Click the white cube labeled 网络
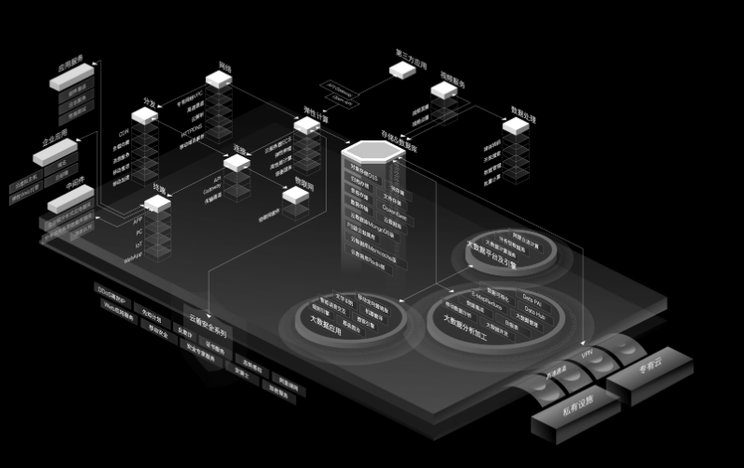[x=219, y=80]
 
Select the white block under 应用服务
[x=71, y=80]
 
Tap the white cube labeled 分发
[x=144, y=116]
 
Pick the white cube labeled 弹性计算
[x=307, y=125]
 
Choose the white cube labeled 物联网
[x=296, y=195]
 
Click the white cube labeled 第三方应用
[x=402, y=69]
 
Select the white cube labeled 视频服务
[x=444, y=91]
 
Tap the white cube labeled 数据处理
[x=516, y=126]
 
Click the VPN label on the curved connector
[x=587, y=355]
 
